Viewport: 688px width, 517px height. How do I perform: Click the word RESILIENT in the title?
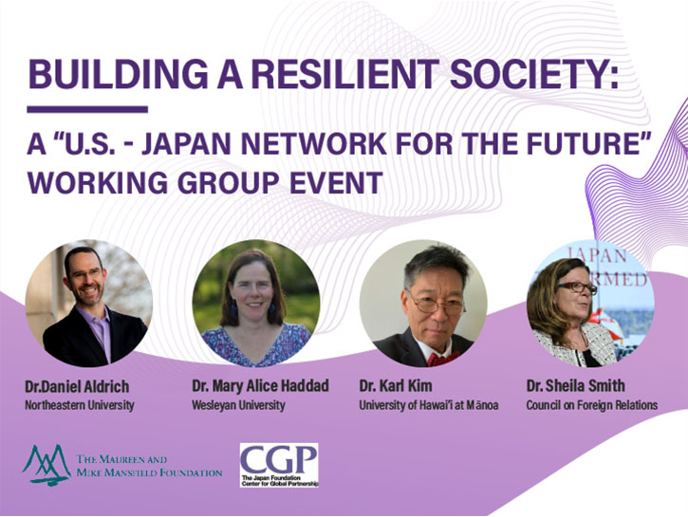click(x=344, y=74)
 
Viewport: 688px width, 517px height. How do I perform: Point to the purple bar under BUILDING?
click(x=87, y=109)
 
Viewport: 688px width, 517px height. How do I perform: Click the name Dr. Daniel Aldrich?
click(x=77, y=386)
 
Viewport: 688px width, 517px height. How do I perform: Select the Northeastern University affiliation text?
click(x=80, y=405)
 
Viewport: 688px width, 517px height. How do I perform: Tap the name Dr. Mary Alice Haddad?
click(x=260, y=386)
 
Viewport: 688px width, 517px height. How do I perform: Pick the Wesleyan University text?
click(x=238, y=405)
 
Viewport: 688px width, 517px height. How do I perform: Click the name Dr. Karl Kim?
click(x=396, y=386)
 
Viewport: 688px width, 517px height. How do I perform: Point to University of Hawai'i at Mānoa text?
click(x=429, y=405)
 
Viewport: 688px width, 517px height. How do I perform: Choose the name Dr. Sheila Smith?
click(x=576, y=386)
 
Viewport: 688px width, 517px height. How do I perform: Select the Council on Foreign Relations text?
click(x=592, y=405)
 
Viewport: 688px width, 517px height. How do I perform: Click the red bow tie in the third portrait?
click(x=443, y=359)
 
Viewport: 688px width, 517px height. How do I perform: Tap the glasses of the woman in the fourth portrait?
click(x=577, y=287)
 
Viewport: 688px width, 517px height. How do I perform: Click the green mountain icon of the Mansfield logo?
click(x=46, y=465)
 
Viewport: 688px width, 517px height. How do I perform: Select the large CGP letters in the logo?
click(x=279, y=459)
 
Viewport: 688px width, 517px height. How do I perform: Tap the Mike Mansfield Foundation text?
click(x=149, y=472)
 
